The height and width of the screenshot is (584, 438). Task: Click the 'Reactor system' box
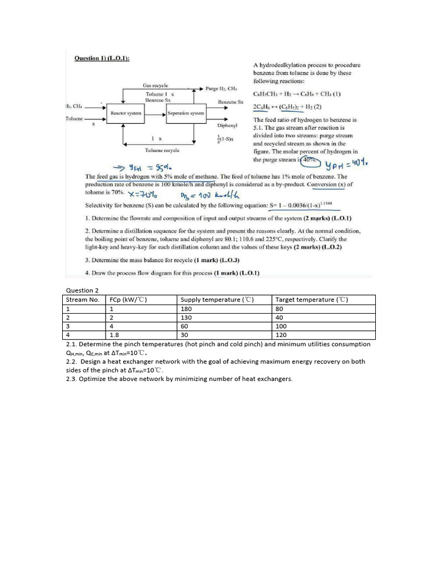[x=125, y=113]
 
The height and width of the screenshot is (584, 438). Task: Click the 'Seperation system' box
[x=185, y=113]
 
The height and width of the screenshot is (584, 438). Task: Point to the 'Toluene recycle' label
[x=162, y=150]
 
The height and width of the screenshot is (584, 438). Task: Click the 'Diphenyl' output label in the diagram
[x=227, y=125]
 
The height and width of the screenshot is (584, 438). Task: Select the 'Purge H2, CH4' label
[x=226, y=88]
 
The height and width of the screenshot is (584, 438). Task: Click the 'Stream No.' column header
[x=83, y=299]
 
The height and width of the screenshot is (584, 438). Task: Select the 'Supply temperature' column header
[x=217, y=299]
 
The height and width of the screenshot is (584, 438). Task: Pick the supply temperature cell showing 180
[x=186, y=309]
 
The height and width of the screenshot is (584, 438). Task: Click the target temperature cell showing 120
[x=281, y=336]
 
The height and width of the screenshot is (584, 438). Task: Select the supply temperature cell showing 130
[x=186, y=318]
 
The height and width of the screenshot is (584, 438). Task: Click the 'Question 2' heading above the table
[x=83, y=290]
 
